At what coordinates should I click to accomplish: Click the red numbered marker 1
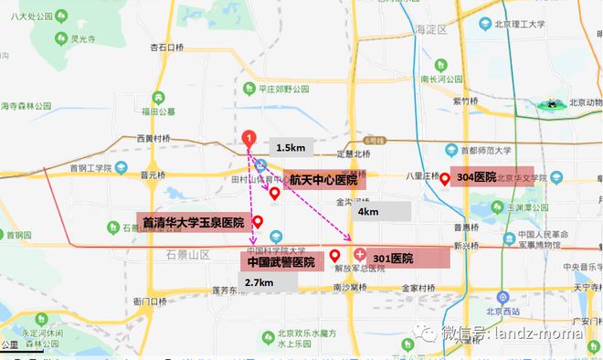click(x=246, y=140)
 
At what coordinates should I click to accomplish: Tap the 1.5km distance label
click(x=291, y=147)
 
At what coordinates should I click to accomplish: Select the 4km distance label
click(x=369, y=211)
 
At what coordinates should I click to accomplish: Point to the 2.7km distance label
click(x=259, y=282)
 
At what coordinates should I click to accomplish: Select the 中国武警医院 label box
click(x=280, y=261)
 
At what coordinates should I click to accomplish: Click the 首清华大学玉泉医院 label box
click(x=192, y=222)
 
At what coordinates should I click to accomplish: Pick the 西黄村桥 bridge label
click(x=153, y=138)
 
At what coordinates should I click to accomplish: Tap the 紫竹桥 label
click(x=464, y=101)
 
